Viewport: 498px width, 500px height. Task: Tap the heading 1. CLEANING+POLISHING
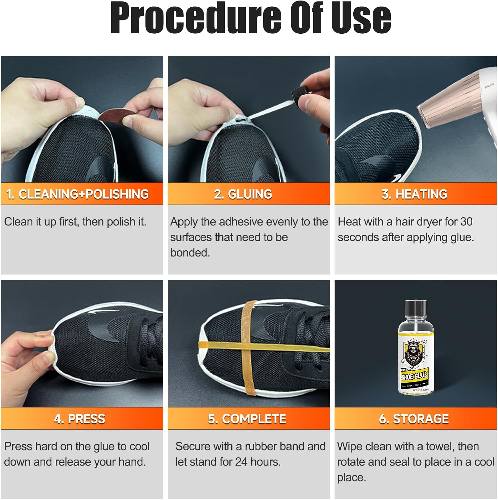[77, 194]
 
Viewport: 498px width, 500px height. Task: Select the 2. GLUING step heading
[243, 194]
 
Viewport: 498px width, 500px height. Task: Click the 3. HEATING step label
[414, 194]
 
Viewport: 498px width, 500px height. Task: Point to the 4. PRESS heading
[79, 419]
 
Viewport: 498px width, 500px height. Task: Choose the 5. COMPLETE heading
[247, 419]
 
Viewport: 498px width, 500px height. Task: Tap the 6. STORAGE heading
[414, 419]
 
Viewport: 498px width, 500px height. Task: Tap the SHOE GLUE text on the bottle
[414, 376]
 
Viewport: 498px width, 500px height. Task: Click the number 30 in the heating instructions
[466, 222]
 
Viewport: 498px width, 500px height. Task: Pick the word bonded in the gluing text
[190, 253]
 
